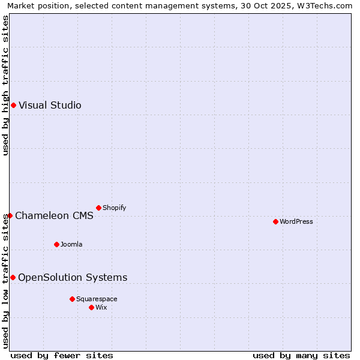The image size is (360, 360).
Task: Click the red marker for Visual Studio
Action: coord(13,106)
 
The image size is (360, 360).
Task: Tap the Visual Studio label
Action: coord(50,106)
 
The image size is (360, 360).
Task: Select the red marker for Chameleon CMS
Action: coord(10,216)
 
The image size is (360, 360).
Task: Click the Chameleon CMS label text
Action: coord(54,216)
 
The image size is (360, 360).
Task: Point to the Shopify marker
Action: coord(98,208)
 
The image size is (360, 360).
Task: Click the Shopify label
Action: coord(114,208)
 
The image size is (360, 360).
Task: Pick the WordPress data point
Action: coord(275,222)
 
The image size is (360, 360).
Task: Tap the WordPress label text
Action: coord(296,222)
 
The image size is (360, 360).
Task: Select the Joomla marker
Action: coord(56,245)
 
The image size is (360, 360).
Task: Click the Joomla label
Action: coord(71,245)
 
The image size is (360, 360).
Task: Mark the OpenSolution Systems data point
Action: coord(13,278)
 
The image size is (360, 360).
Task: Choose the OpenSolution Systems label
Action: coord(73,278)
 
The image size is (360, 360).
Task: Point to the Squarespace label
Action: coord(97,299)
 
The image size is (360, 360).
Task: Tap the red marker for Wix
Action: coord(91,308)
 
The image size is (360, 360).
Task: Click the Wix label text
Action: coord(101,308)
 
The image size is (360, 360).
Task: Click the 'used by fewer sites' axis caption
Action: coord(62,356)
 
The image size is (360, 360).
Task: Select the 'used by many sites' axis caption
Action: coord(301,356)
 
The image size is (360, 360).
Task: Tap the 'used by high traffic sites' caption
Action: coord(6,85)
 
